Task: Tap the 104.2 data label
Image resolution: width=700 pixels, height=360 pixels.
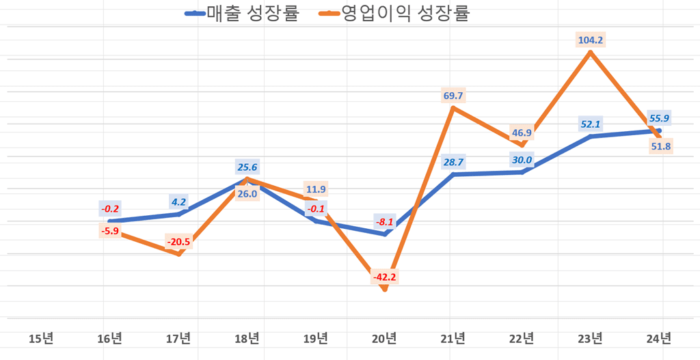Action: point(590,40)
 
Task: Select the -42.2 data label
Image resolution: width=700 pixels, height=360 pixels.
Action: point(384,277)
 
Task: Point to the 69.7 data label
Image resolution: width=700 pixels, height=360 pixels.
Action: point(453,96)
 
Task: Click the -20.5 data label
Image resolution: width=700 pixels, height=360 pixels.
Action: point(178,242)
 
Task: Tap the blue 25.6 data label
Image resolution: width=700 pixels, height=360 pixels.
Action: point(247,167)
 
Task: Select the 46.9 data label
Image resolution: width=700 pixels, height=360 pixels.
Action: point(522,133)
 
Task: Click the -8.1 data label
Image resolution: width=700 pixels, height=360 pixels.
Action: point(384,221)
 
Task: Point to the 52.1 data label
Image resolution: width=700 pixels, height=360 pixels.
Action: point(590,124)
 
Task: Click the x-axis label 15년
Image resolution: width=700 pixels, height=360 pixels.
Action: point(40,337)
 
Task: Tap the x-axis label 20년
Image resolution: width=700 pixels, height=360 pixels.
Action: point(384,337)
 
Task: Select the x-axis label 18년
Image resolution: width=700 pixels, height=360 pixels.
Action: point(247,337)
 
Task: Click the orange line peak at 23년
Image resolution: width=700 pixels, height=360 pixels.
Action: point(590,52)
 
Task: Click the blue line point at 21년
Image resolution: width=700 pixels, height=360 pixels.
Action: point(453,175)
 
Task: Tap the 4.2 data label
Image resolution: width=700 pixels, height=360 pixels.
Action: point(178,202)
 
